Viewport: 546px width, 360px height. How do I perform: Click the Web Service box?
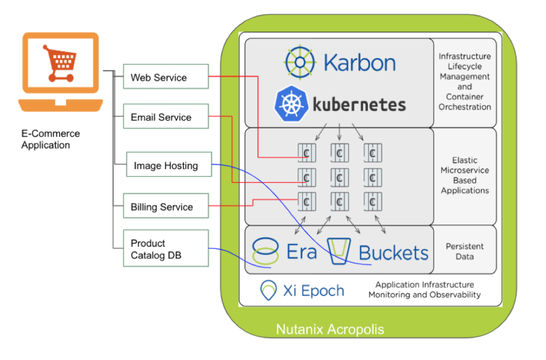pos(165,77)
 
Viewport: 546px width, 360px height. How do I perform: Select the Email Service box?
pos(165,117)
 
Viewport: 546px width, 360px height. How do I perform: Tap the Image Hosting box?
pos(169,166)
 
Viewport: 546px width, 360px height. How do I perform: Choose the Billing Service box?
pos(165,207)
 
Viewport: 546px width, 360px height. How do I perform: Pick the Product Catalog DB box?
pos(165,249)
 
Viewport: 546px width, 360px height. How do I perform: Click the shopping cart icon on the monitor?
pos(60,63)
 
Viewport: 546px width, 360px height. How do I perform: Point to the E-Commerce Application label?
pos(50,139)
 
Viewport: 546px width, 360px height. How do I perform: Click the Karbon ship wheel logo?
pos(301,62)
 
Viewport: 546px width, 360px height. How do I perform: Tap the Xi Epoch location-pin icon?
pos(268,291)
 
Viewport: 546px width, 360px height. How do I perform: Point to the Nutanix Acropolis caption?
pos(330,329)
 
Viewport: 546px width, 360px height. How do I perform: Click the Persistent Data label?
pos(464,251)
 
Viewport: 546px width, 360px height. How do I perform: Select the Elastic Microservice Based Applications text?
pos(464,175)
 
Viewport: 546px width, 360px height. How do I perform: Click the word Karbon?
pos(359,62)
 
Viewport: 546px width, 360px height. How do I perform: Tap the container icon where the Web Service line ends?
pos(306,154)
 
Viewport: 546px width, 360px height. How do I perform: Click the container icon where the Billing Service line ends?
pos(306,202)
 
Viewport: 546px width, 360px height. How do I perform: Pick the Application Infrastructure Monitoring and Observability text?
pos(424,290)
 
